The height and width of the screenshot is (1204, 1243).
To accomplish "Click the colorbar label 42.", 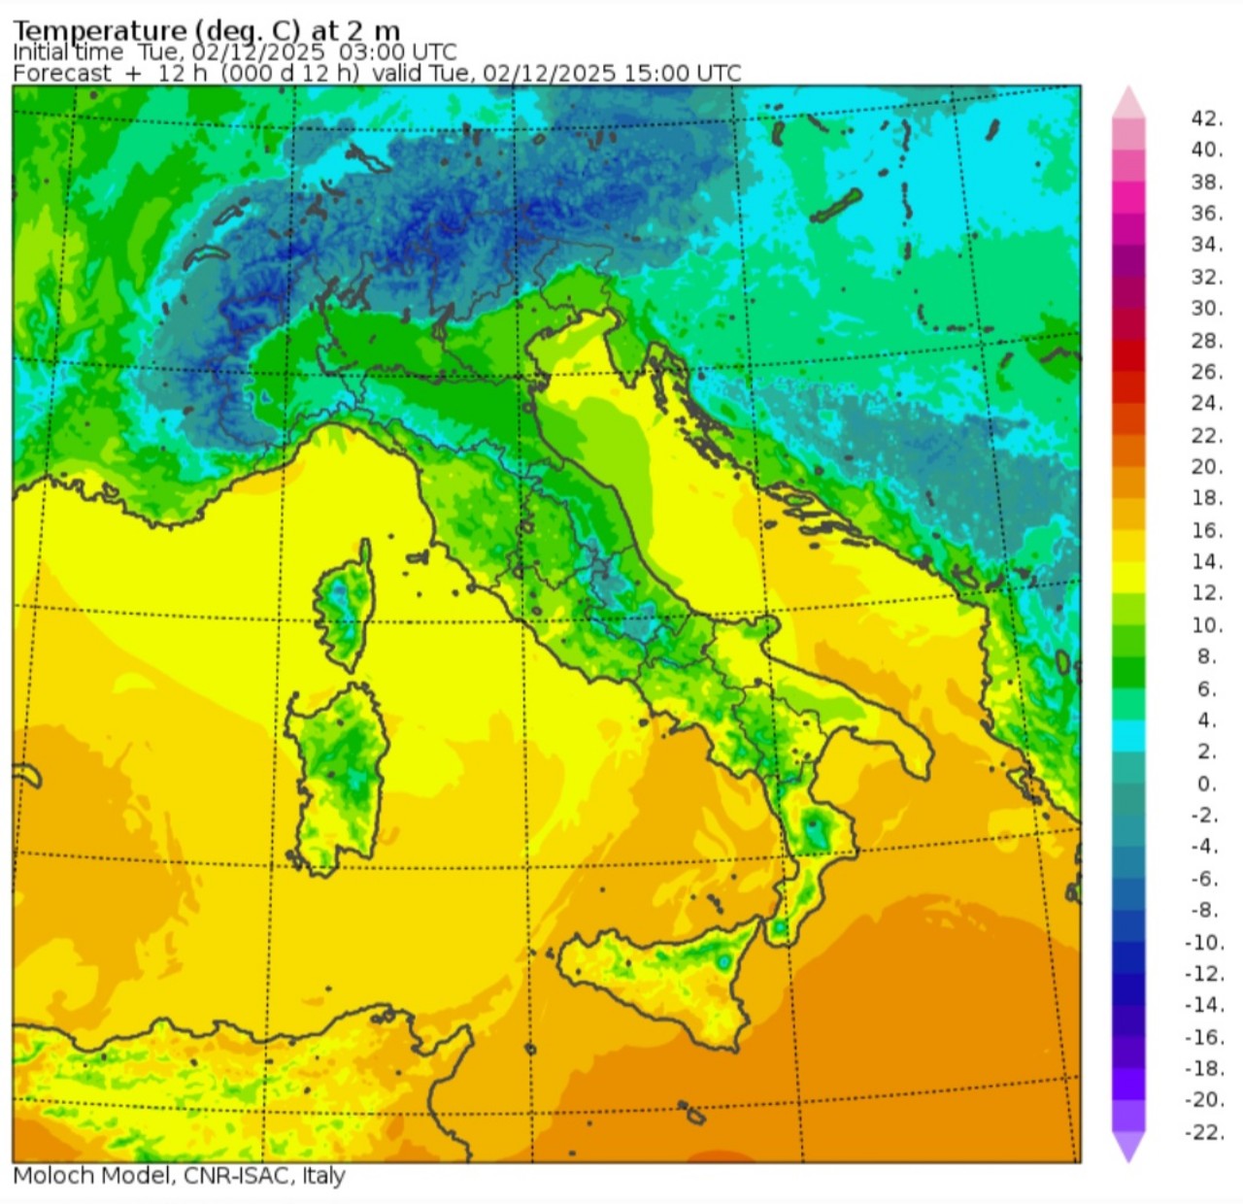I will [x=1206, y=118].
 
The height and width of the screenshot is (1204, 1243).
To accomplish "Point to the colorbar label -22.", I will [x=1204, y=1132].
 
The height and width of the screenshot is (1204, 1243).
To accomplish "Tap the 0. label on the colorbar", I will [x=1206, y=784].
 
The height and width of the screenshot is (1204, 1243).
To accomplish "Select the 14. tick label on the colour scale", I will [x=1206, y=561].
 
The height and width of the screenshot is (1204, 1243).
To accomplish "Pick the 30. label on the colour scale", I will [x=1206, y=308].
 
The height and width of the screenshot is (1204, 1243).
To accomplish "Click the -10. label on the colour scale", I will [x=1204, y=942].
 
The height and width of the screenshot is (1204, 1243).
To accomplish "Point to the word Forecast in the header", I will [x=62, y=74].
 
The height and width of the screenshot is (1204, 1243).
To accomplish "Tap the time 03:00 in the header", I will [x=365, y=52].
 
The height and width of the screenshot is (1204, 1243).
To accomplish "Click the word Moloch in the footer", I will [x=48, y=1176].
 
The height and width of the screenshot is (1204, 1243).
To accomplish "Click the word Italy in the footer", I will [x=323, y=1176].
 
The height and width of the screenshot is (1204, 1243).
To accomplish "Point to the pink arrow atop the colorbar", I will [x=1128, y=101].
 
